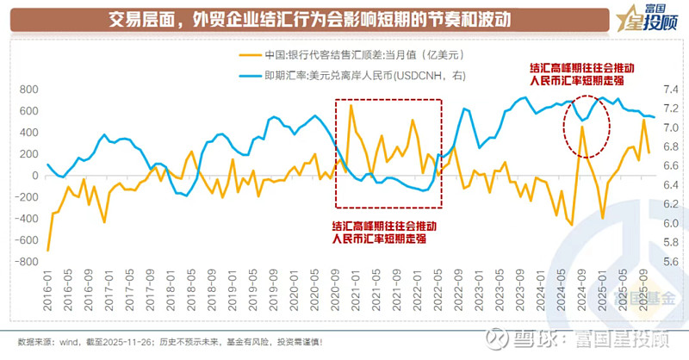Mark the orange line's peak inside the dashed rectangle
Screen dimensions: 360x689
[x=351, y=105]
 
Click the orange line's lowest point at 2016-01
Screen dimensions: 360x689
[x=47, y=251]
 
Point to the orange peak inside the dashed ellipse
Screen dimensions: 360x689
[x=582, y=127]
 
